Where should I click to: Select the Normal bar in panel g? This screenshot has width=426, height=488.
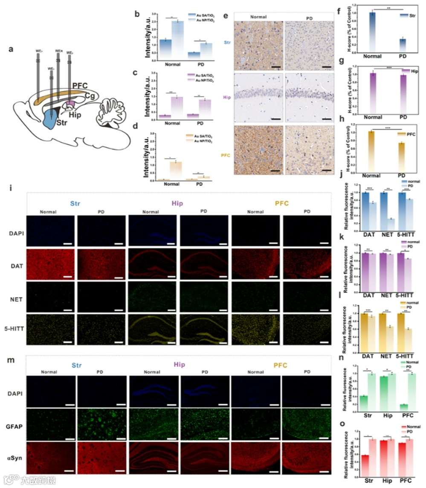[373, 92]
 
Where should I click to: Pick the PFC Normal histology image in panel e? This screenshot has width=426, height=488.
[260, 149]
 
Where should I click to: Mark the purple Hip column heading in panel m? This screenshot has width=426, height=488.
[177, 365]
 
